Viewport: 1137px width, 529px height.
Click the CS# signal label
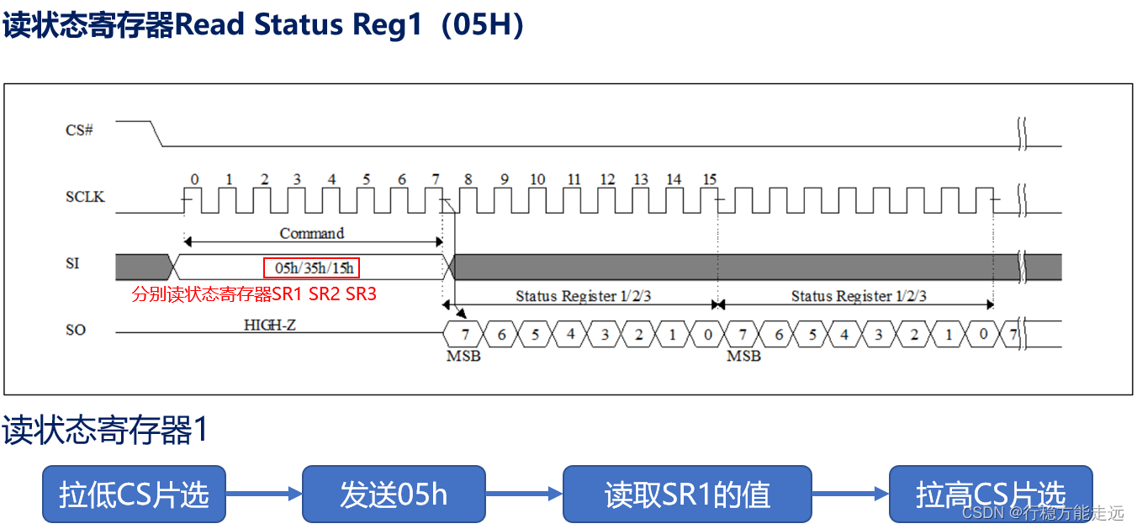pos(79,130)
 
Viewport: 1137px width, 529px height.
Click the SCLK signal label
pos(85,197)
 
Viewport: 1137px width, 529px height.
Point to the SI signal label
pos(72,263)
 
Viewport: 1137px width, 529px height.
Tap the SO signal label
pos(76,330)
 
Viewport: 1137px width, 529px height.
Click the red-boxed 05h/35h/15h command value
pos(311,268)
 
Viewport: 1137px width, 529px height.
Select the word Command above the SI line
pos(312,233)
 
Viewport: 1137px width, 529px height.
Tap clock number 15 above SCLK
pos(709,179)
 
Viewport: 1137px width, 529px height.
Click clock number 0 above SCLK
pos(194,179)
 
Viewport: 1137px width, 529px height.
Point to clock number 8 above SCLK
pos(468,179)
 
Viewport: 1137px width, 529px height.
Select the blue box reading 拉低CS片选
pos(134,494)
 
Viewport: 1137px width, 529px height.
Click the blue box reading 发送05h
pos(394,494)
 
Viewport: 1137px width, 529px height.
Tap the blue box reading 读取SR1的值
pos(687,494)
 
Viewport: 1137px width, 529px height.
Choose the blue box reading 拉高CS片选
pos(990,494)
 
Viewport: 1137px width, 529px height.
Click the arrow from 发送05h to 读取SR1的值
pos(524,494)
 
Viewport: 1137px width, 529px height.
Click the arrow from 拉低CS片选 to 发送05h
pos(264,494)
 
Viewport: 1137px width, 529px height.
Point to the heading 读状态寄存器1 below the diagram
pos(105,431)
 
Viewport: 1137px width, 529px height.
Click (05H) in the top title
pos(487,25)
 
